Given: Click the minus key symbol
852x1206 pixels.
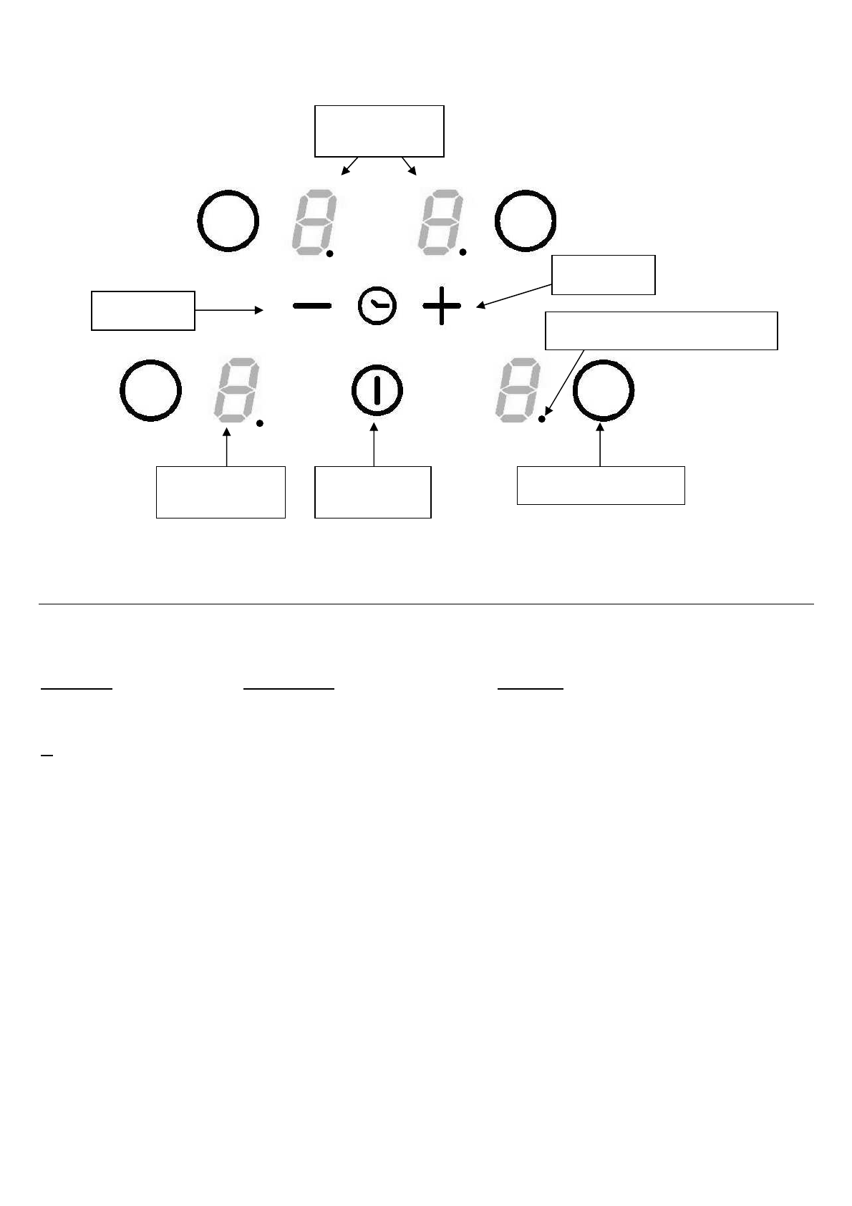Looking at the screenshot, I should pos(312,306).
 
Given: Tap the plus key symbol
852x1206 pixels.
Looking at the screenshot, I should pos(442,306).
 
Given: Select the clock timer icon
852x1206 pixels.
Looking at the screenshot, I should pos(377,306).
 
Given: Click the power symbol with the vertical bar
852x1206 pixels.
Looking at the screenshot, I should pos(377,391).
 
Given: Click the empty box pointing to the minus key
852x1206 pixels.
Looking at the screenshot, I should pos(143,310).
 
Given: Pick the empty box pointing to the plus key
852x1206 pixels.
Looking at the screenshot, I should pos(604,274).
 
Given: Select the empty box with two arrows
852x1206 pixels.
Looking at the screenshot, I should pos(379,131).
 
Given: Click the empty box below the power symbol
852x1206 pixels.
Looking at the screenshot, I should pos(373,492).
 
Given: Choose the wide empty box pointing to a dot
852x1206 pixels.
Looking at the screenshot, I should pos(661,330).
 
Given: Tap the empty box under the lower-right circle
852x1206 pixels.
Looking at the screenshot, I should pos(601,485).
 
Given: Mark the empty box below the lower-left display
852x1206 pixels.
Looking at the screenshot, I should pos(221,492).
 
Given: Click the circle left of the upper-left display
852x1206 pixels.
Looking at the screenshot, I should pos(228,221).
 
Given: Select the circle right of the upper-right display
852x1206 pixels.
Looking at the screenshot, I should pos(526,221).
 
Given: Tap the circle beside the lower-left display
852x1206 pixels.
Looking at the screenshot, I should pos(150,390).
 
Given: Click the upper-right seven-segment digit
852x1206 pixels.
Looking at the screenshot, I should pos(438,222).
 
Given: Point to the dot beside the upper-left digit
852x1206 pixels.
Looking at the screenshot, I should pos(330,253).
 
